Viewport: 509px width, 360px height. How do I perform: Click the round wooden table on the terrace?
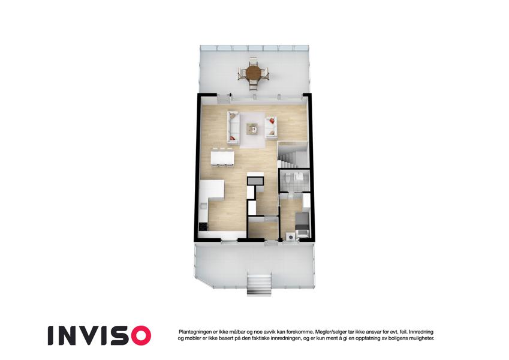tap(253, 73)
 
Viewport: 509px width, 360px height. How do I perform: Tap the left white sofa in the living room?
tap(233, 127)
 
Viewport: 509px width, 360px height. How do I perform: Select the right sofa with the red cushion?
tap(271, 127)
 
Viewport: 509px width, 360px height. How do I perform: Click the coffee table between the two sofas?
tap(252, 128)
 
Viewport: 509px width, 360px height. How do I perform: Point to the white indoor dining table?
tap(222, 158)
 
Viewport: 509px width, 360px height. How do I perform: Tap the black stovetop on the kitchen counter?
tap(203, 226)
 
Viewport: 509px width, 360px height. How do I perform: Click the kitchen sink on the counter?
tap(203, 206)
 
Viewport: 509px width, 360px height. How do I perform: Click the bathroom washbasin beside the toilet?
tap(298, 176)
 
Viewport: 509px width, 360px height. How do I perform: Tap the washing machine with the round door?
tap(290, 236)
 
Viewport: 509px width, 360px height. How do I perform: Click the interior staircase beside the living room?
tap(292, 155)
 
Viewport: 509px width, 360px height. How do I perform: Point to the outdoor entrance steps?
tap(259, 284)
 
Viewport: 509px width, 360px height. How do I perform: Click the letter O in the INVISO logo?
tap(139, 335)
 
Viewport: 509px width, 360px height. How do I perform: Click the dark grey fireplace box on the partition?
tap(255, 181)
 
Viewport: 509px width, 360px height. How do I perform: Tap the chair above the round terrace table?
tap(253, 61)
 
